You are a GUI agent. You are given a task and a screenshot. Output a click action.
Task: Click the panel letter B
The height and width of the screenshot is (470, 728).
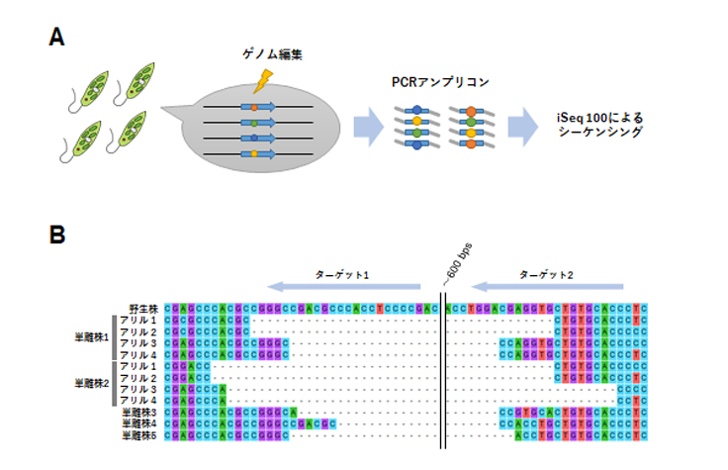(x=57, y=235)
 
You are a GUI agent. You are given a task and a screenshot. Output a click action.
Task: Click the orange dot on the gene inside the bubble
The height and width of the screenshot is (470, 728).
(x=254, y=107)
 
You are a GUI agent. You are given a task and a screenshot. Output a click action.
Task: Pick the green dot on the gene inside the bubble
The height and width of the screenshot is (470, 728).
(x=254, y=123)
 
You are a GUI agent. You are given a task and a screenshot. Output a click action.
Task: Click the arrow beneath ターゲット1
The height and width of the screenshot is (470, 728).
(x=345, y=287)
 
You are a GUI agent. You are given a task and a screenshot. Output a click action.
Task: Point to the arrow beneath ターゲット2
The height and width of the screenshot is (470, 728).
(x=553, y=287)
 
